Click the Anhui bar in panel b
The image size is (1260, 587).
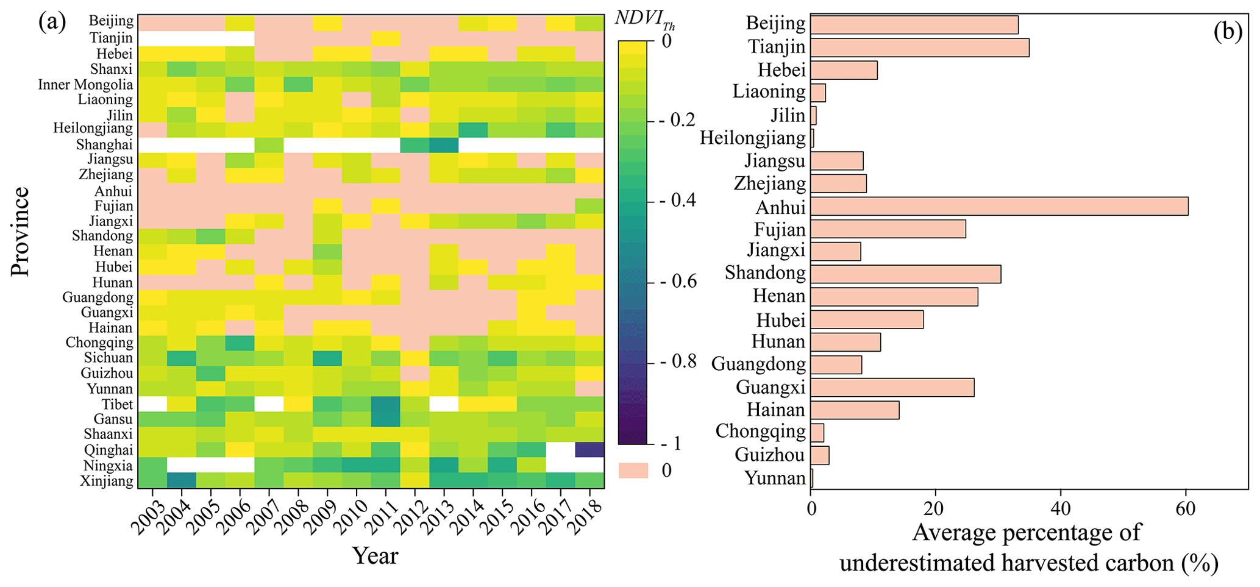coord(998,207)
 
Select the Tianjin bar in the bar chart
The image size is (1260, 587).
coord(919,48)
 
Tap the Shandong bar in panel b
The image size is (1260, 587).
coord(905,274)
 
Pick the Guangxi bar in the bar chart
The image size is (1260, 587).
coord(892,388)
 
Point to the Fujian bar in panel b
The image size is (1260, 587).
coord(888,229)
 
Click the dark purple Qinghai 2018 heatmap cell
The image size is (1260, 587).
coord(589,450)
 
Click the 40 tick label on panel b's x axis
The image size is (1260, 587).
coord(1061,508)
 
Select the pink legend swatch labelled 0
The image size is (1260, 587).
coord(633,471)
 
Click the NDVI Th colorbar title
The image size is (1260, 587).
coord(644,20)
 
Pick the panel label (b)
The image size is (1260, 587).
coord(1227,30)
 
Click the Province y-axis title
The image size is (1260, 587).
coord(20,232)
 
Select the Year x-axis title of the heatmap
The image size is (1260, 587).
coord(375,556)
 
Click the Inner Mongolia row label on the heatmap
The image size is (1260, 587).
coord(85,84)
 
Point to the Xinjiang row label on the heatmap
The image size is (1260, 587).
coord(107,482)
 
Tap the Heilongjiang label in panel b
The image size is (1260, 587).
coord(752,138)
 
